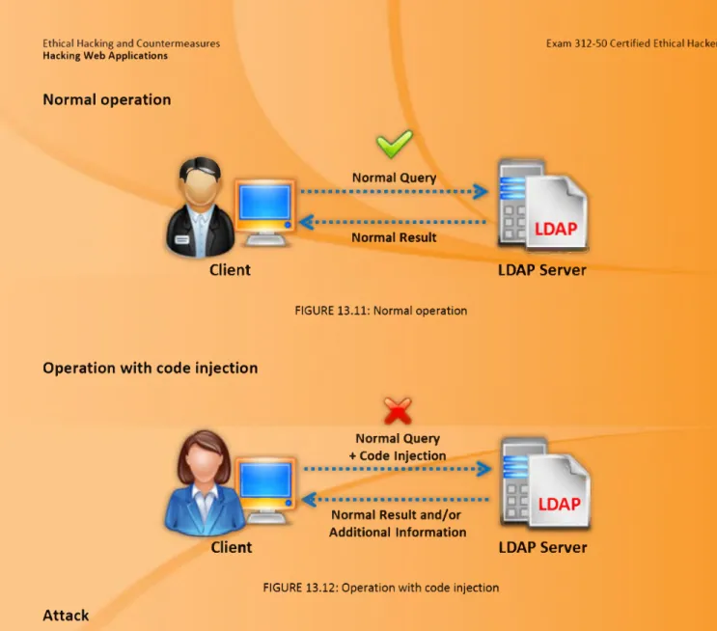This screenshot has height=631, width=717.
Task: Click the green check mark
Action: (394, 144)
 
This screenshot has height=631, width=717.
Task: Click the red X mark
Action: (398, 410)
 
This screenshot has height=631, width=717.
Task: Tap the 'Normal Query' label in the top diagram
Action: (394, 178)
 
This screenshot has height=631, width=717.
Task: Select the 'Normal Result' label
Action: (394, 237)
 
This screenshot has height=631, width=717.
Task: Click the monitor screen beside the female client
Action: (265, 480)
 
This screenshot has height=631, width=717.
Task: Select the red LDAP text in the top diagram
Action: (556, 229)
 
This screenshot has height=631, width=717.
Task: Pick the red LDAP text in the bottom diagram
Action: (560, 504)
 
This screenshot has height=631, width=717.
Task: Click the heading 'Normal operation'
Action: (107, 99)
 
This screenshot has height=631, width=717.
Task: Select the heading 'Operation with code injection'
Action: (151, 369)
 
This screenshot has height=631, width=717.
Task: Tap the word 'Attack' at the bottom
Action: (66, 616)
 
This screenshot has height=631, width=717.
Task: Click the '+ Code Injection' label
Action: (398, 455)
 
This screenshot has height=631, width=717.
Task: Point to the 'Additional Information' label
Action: (398, 533)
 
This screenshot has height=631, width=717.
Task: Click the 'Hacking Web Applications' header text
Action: (105, 56)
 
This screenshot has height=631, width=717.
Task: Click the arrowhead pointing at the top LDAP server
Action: (481, 191)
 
